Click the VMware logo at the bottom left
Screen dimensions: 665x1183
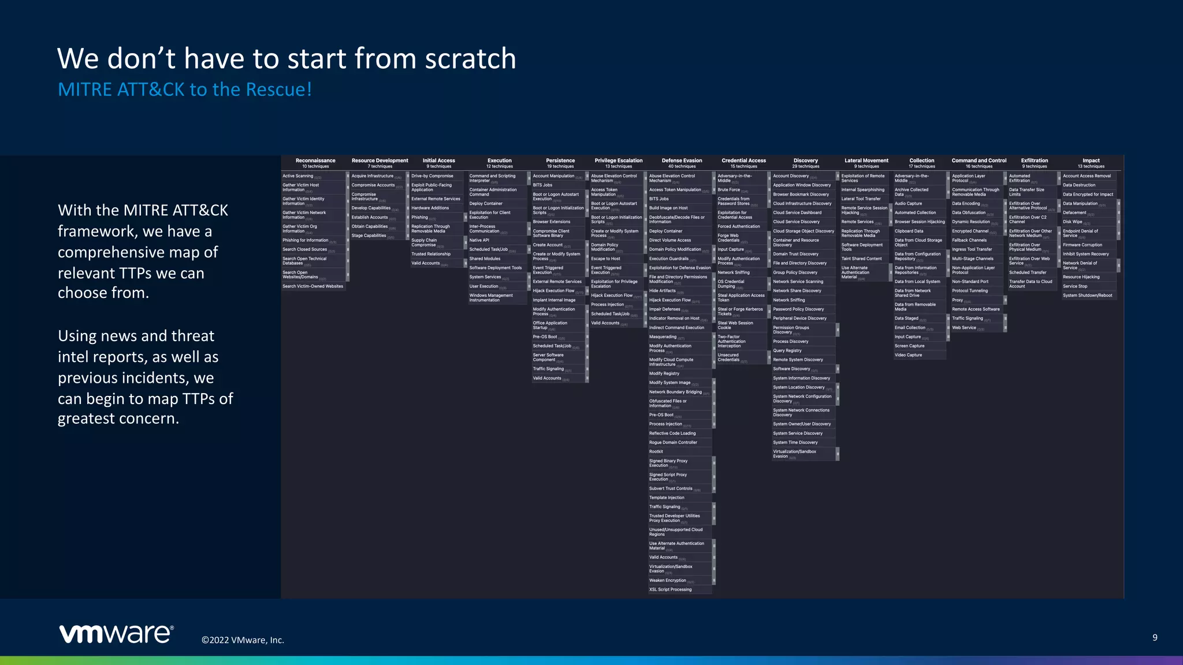point(116,633)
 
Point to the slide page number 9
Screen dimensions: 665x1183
point(1155,637)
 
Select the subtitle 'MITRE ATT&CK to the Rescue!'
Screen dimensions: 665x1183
point(185,89)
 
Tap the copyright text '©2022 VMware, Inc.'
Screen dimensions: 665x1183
point(243,640)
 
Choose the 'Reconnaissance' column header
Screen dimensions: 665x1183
point(315,160)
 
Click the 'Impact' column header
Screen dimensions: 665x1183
point(1091,160)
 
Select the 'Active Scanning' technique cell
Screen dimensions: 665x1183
point(298,176)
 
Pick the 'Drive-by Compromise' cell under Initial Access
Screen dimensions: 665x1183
point(432,176)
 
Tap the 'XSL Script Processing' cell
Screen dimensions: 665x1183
point(670,589)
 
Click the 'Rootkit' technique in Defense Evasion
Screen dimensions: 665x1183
point(656,451)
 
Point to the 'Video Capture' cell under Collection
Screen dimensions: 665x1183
point(908,355)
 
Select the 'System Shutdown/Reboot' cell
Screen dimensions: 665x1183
point(1087,296)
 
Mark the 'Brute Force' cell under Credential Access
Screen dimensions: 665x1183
point(729,190)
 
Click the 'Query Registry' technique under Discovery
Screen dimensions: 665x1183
point(787,350)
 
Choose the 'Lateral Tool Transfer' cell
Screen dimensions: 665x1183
point(861,199)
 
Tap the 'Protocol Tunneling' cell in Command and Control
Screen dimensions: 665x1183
point(970,291)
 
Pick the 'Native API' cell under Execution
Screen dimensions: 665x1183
point(479,240)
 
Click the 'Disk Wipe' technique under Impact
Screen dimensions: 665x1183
point(1073,222)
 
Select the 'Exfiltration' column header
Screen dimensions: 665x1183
point(1034,160)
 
